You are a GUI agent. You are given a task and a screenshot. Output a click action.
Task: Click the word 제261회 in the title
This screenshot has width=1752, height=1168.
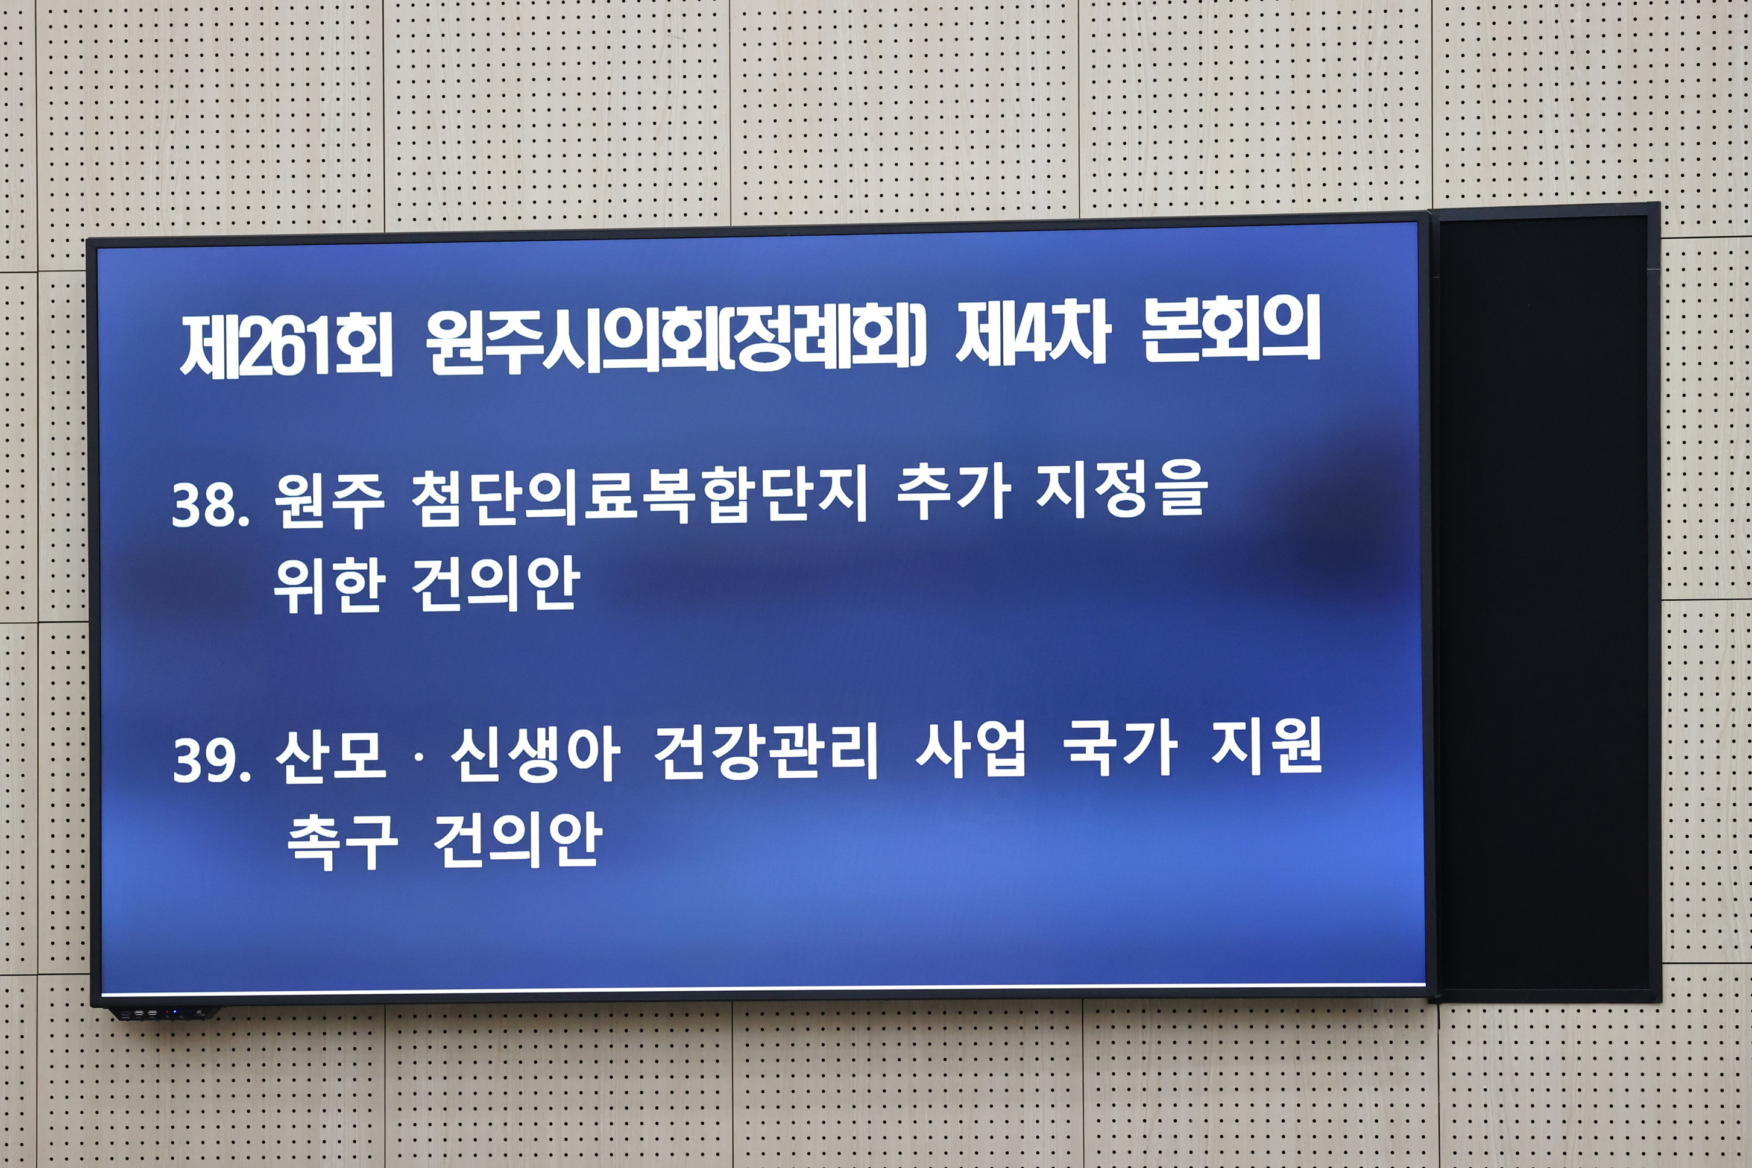pos(286,345)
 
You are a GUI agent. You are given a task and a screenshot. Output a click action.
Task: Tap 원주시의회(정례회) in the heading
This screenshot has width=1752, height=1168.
pos(675,339)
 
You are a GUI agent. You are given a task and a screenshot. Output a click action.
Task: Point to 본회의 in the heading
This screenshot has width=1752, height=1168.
pos(1230,328)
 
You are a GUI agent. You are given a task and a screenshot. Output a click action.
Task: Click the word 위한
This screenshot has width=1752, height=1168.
pos(329,586)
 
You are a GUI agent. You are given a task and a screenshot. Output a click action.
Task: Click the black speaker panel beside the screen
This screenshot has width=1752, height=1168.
pos(1543,604)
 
